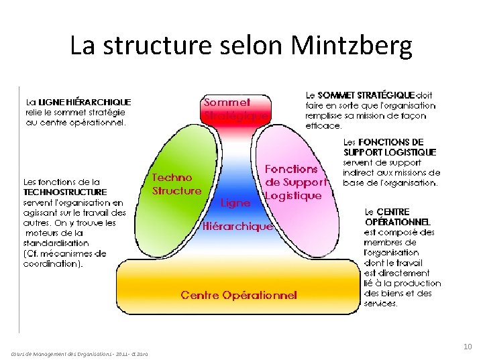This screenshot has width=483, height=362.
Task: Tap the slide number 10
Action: tap(468, 347)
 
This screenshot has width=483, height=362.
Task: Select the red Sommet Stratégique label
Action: tap(235, 109)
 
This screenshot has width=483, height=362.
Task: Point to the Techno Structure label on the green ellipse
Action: tap(176, 184)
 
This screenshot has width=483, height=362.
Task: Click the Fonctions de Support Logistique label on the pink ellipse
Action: tap(294, 182)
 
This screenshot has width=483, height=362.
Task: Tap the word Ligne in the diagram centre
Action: tap(235, 202)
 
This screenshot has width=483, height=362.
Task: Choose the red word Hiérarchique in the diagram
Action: tap(237, 227)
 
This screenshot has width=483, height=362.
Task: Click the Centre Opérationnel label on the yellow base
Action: tap(239, 295)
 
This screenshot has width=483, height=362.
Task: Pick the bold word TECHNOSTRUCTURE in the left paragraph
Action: tap(65, 192)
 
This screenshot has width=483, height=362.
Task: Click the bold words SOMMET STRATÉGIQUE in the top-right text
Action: tap(366, 95)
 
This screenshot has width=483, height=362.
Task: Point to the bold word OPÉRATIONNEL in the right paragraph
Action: tap(397, 222)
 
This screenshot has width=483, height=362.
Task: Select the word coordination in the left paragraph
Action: tap(51, 263)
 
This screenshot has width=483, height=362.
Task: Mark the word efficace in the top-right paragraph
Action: tap(323, 125)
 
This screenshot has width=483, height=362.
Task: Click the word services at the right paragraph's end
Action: tap(380, 303)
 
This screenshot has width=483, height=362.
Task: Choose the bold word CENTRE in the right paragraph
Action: tap(396, 212)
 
